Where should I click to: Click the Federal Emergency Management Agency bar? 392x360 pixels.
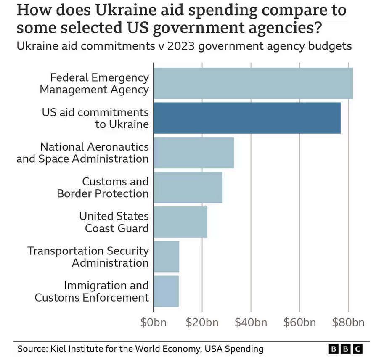253,83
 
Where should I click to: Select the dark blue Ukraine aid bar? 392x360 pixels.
247,118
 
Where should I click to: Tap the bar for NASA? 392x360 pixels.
193,152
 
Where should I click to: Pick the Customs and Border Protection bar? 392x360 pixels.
188,187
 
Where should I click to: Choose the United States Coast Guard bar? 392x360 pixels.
180,222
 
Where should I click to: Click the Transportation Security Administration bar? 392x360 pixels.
166,257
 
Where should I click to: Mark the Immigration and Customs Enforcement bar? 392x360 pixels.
166,291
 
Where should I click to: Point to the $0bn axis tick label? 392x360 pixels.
154,323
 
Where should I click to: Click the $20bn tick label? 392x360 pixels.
202,323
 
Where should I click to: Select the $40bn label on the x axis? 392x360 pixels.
251,323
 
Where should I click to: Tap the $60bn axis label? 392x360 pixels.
299,323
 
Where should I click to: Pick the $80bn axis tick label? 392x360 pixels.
348,323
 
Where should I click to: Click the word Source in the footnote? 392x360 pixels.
32,349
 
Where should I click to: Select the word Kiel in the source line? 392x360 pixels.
58,349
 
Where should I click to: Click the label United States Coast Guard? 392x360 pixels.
114,222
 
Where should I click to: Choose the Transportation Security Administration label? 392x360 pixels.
88,257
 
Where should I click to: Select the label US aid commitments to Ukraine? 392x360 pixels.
95,118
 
